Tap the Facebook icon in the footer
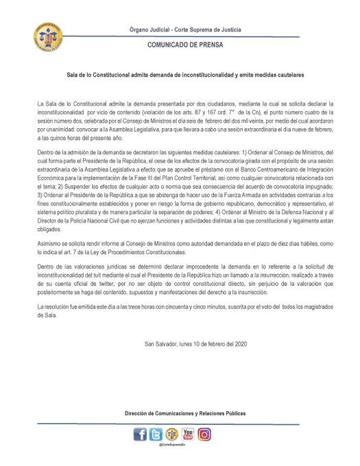(x=140, y=434)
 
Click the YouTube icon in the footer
(x=188, y=434)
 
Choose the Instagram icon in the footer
(x=204, y=434)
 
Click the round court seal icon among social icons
(x=171, y=434)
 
